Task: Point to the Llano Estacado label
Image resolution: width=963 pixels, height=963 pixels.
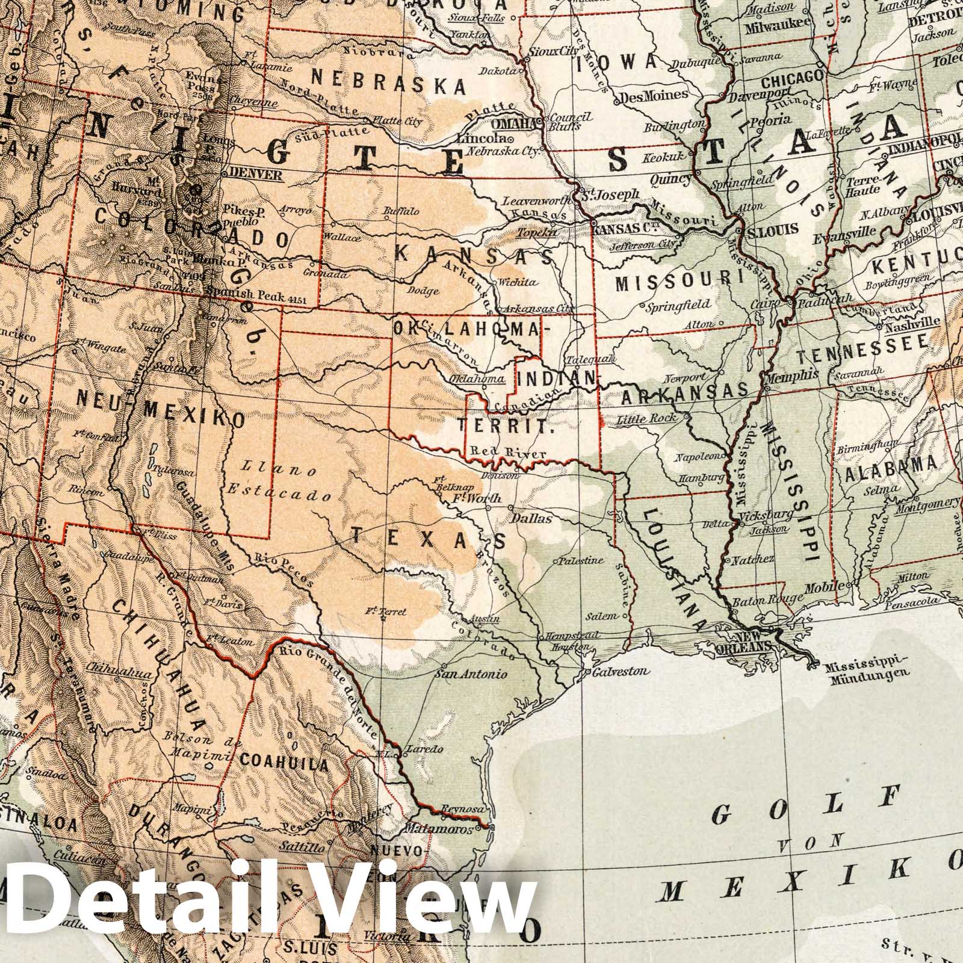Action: pyautogui.click(x=280, y=482)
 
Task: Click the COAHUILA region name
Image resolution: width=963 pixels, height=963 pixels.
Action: pyautogui.click(x=285, y=764)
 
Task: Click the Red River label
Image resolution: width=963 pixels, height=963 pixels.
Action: pyautogui.click(x=508, y=453)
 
